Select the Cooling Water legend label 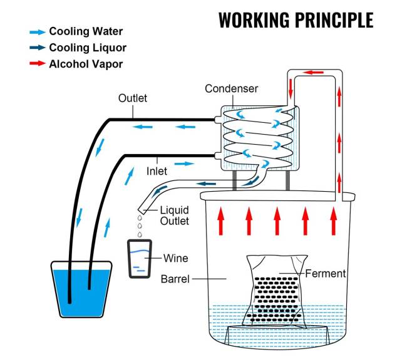click(86, 31)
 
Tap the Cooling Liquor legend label click(88, 48)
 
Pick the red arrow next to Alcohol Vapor click(38, 63)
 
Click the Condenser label click(231, 89)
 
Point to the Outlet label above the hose click(133, 98)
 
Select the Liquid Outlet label click(175, 216)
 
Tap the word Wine click(175, 257)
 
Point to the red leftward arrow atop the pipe click(314, 73)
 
